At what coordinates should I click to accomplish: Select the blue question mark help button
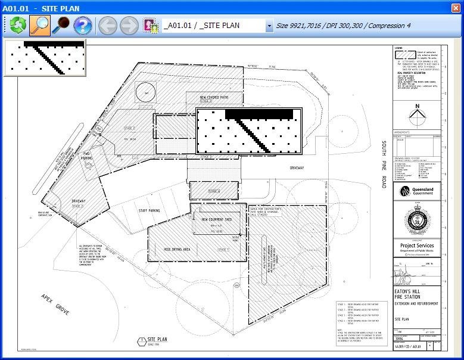tap(82, 26)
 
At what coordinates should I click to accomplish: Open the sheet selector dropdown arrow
tap(269, 26)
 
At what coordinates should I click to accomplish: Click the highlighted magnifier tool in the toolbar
tap(40, 26)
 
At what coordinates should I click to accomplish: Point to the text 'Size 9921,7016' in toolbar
tap(302, 26)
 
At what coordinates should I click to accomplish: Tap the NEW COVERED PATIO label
tap(214, 97)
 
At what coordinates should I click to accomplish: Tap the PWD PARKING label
tap(87, 157)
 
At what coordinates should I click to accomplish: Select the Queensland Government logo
tap(417, 193)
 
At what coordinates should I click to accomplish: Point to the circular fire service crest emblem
tap(417, 221)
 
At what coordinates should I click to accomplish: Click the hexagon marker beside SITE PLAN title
tap(141, 341)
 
